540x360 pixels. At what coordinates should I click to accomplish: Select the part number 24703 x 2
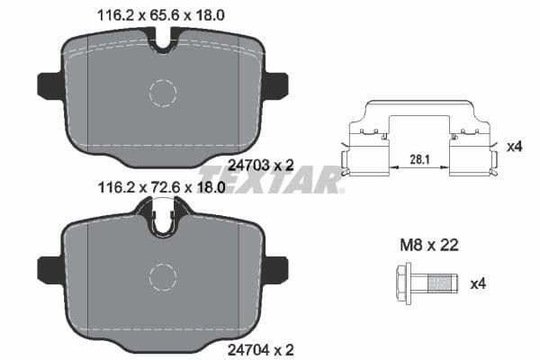point(262,165)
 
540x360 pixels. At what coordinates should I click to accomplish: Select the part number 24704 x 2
point(262,349)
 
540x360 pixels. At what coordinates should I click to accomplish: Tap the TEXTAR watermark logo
point(270,178)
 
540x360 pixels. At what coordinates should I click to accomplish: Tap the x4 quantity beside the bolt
point(479,284)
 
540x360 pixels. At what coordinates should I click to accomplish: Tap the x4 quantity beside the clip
point(513,146)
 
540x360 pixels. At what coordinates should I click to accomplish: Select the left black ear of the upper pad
point(48,85)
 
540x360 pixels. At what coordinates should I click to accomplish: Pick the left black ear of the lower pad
point(48,268)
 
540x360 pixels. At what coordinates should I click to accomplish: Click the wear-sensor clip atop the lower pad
point(162,218)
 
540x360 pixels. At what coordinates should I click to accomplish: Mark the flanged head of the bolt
point(402,284)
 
